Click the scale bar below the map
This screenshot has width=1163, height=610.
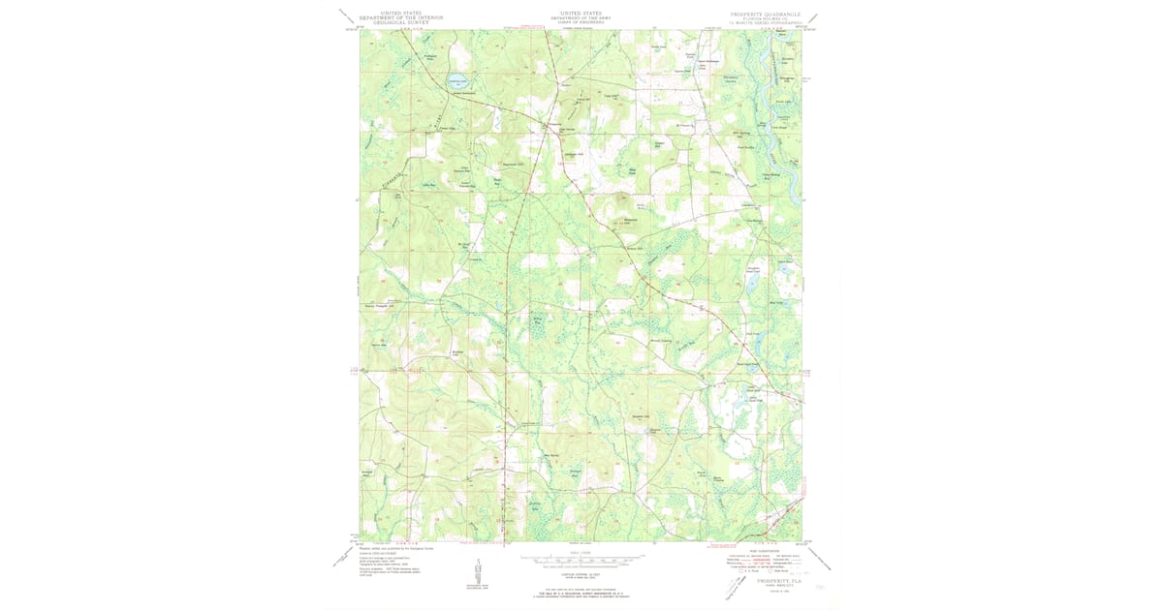pyautogui.click(x=579, y=560)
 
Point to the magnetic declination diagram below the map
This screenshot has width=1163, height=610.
pyautogui.click(x=477, y=572)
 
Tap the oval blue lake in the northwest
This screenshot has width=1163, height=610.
pyautogui.click(x=456, y=83)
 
